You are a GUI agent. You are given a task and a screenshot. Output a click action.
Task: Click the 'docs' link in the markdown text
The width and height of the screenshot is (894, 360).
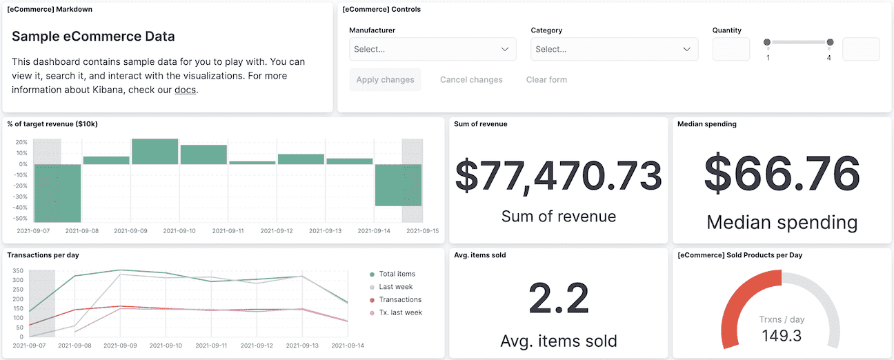click(x=186, y=90)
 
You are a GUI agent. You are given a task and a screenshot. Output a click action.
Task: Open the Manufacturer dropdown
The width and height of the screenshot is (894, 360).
click(x=433, y=49)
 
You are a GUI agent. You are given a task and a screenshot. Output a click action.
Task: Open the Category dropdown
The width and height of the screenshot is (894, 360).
click(x=614, y=49)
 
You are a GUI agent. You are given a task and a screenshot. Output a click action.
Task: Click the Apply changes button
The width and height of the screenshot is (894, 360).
click(x=385, y=79)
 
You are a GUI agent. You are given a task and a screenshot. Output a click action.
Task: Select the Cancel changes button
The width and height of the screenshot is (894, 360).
click(x=471, y=79)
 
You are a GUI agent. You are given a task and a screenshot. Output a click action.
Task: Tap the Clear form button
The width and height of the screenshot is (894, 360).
click(x=546, y=79)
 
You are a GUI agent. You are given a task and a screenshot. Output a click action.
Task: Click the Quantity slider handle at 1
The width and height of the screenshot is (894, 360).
click(x=767, y=43)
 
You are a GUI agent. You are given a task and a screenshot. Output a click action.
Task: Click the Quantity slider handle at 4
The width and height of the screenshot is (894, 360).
click(x=830, y=43)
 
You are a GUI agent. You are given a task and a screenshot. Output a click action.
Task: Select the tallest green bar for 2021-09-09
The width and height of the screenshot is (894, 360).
click(x=155, y=152)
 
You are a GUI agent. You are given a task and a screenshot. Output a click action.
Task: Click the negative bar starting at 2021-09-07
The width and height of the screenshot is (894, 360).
click(x=57, y=193)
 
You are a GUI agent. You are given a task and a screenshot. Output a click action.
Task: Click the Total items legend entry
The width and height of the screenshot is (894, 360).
click(x=397, y=274)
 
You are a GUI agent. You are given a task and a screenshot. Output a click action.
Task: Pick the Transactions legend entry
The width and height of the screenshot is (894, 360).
click(x=399, y=299)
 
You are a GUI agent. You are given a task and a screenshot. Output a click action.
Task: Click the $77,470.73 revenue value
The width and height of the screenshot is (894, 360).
click(x=558, y=175)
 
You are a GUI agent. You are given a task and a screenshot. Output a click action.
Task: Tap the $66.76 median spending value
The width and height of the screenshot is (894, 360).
click(x=782, y=173)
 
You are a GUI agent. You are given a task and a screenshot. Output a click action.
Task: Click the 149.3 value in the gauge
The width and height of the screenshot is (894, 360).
click(x=782, y=336)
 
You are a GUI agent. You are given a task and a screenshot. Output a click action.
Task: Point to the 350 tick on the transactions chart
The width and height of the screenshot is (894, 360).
click(x=18, y=271)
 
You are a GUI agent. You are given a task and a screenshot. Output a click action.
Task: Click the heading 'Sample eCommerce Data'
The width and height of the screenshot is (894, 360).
click(x=93, y=37)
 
